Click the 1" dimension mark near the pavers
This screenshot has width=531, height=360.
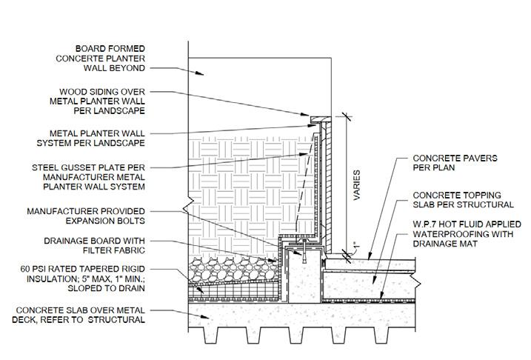tap(355, 244)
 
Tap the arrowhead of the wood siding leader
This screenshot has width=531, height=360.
tap(310, 116)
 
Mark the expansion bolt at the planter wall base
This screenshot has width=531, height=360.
tap(304, 251)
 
